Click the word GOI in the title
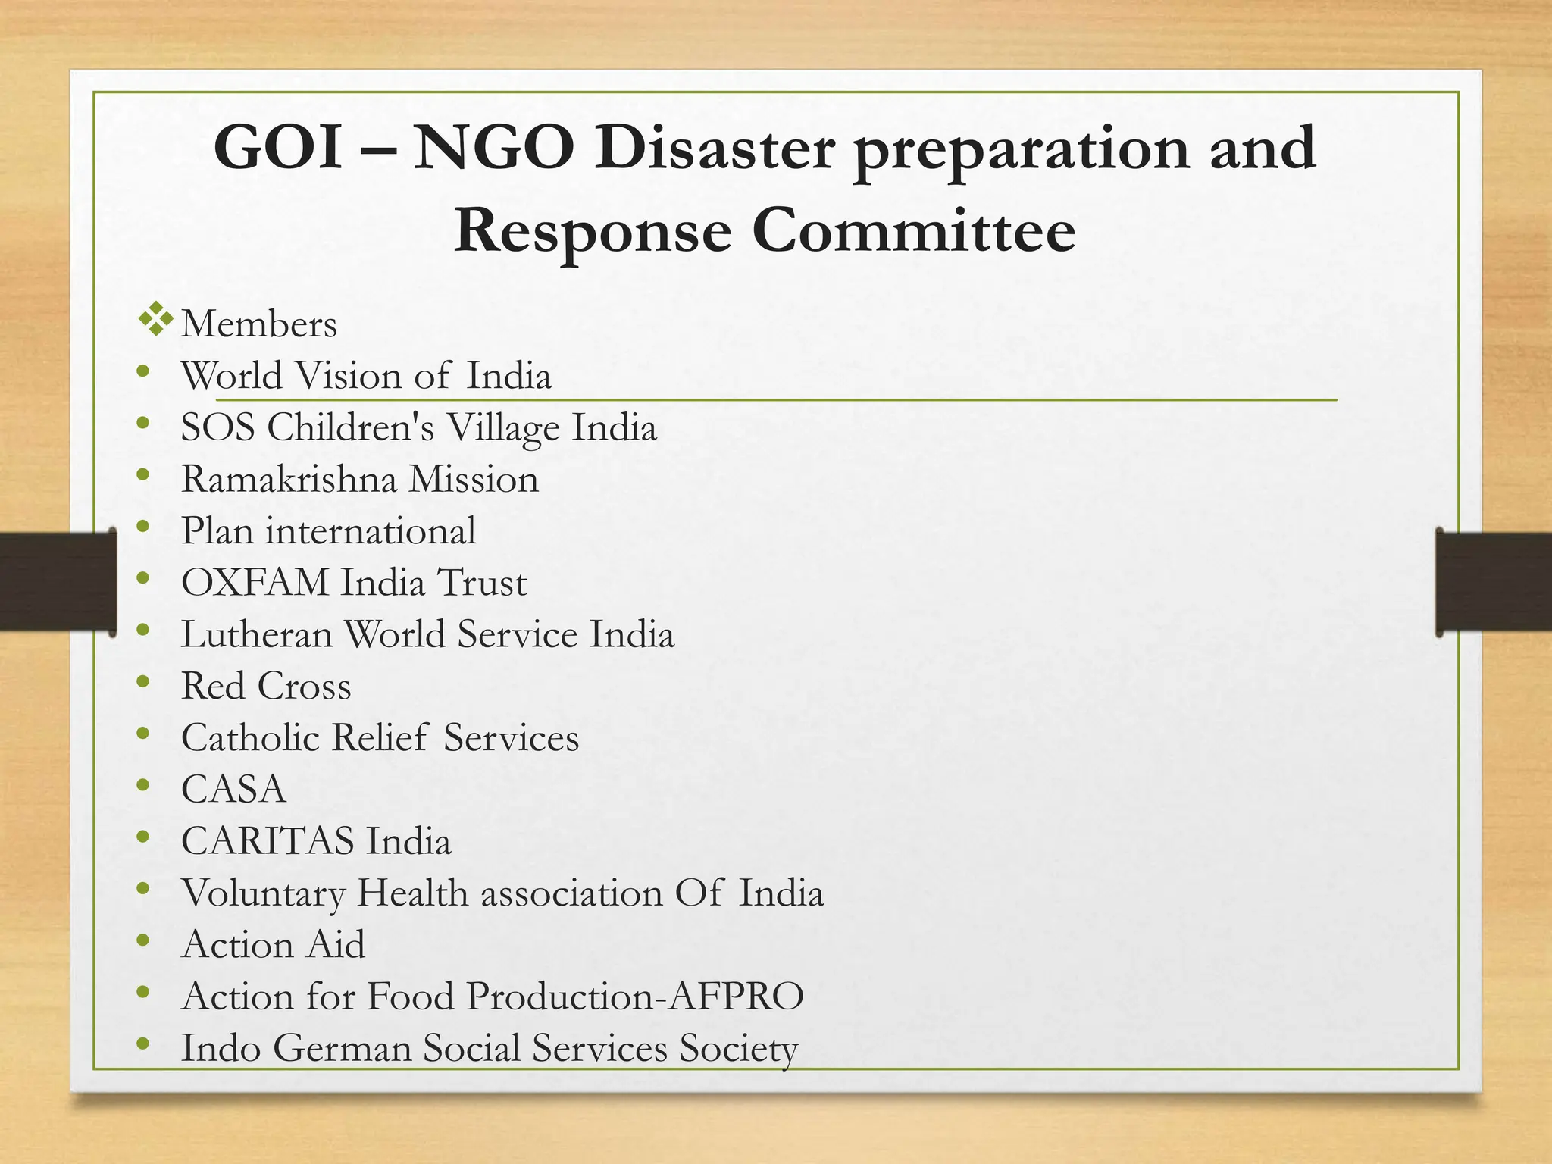[x=277, y=149]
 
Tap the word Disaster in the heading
[x=715, y=149]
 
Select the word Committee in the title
[x=914, y=230]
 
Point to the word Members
[x=259, y=324]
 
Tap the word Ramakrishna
[x=289, y=479]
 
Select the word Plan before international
[x=217, y=531]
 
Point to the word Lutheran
[x=257, y=634]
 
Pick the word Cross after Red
[x=304, y=687]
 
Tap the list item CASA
[x=233, y=790]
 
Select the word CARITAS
[x=268, y=841]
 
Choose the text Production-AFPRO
[x=635, y=997]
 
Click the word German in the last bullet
[x=342, y=1049]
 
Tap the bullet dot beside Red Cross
[x=143, y=681]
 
